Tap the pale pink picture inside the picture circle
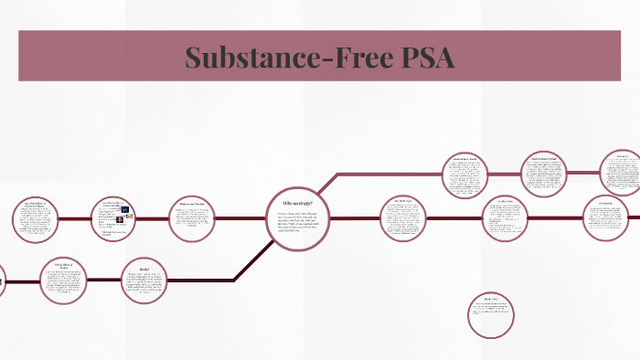click(x=130, y=217)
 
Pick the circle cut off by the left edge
click(x=2, y=280)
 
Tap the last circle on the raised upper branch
click(x=623, y=172)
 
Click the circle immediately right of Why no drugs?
click(x=404, y=218)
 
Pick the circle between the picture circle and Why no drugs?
click(x=192, y=220)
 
